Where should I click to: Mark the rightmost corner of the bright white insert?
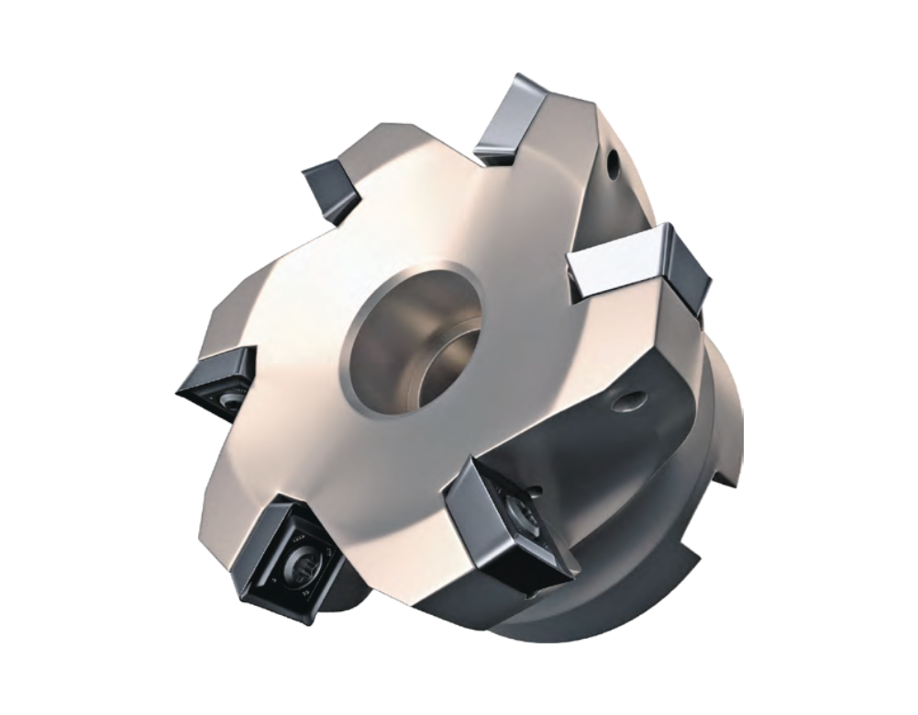pyautogui.click(x=710, y=275)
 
